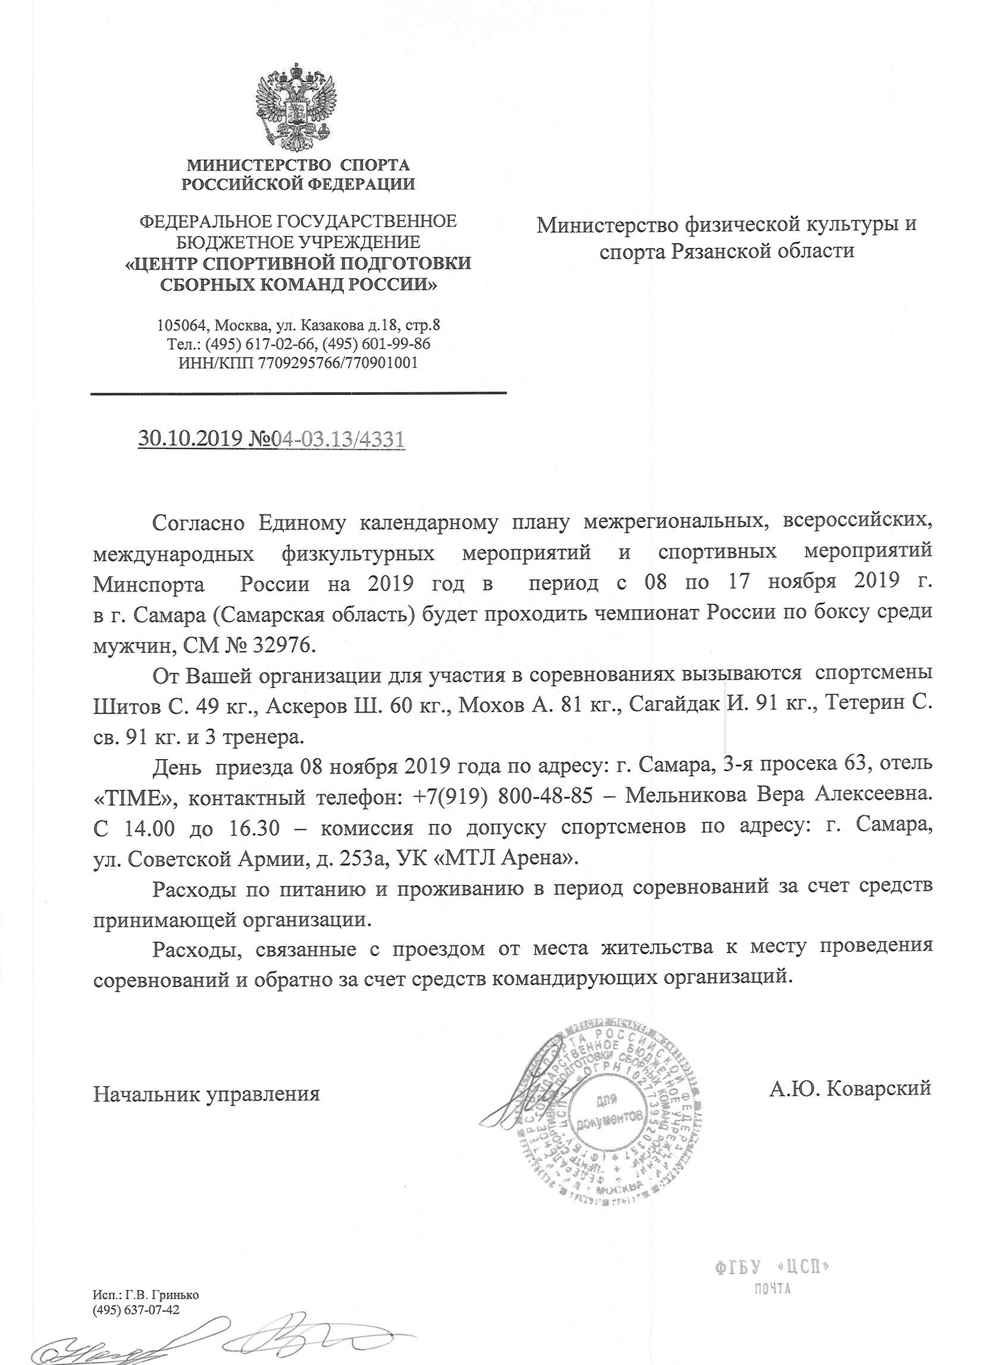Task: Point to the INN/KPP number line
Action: click(x=297, y=363)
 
